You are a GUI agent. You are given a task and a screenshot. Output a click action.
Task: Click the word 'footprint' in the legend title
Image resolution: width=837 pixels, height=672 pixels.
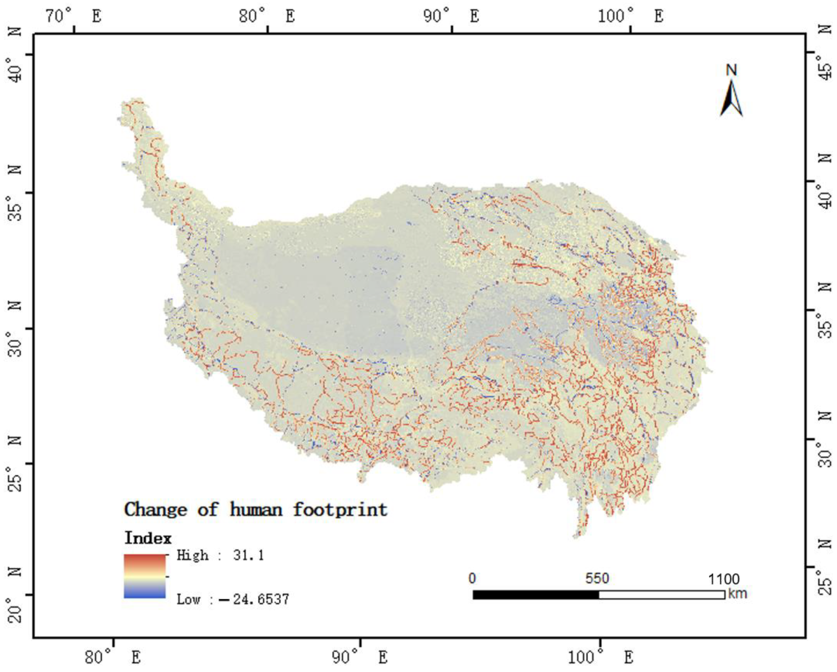[340, 509]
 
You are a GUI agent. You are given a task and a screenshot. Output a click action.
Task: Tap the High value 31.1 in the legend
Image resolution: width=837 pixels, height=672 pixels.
[248, 556]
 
